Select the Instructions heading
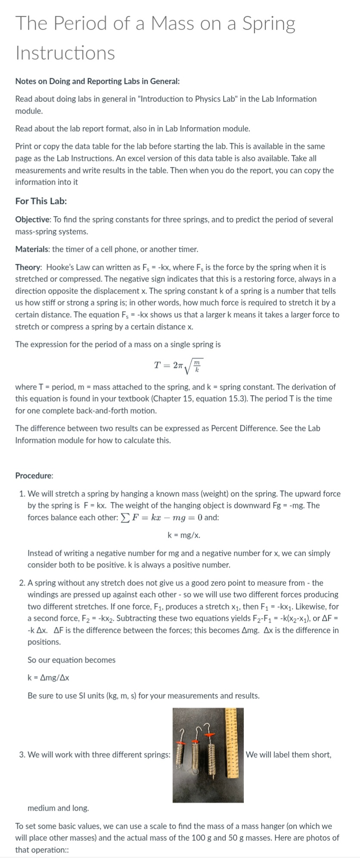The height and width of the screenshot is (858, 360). [x=65, y=53]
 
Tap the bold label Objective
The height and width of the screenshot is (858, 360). [x=32, y=220]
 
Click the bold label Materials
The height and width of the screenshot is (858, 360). [x=32, y=249]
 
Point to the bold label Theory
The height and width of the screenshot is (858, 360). [x=28, y=267]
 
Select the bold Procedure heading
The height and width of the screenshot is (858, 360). [x=34, y=476]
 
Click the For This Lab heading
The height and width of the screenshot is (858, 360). [x=41, y=201]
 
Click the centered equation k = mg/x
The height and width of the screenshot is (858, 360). [x=183, y=535]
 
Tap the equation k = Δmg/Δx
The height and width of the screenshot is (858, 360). [x=48, y=678]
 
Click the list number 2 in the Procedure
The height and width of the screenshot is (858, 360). [x=22, y=583]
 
